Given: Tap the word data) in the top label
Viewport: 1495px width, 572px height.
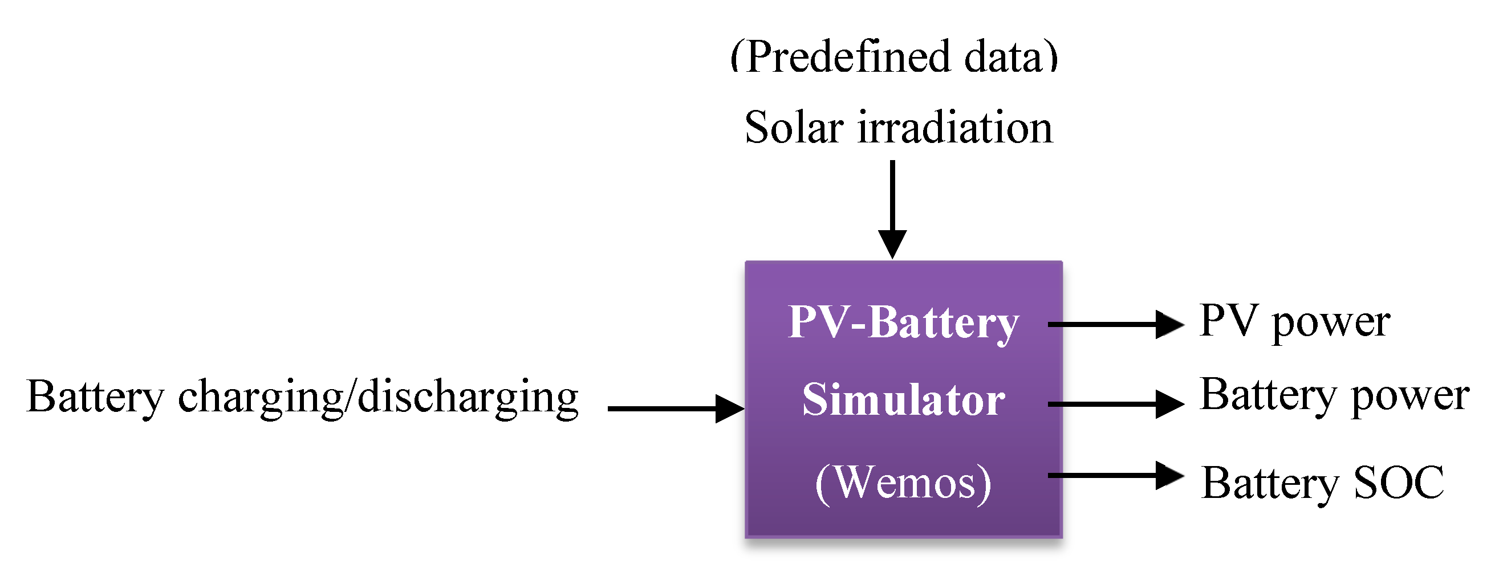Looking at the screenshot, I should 1011,58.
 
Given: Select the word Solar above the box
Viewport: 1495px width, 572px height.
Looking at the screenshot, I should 794,128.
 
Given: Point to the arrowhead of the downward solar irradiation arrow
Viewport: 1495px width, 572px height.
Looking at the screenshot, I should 892,244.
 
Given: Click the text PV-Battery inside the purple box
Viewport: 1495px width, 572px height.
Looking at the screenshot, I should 904,322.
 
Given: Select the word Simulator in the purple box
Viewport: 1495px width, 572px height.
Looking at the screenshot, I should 904,400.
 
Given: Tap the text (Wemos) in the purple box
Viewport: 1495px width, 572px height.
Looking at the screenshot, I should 904,483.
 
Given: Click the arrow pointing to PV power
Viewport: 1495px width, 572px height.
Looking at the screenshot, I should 1114,324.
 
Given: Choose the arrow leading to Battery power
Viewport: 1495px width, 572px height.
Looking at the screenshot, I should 1114,404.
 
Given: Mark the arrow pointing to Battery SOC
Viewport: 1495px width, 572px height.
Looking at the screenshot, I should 1114,476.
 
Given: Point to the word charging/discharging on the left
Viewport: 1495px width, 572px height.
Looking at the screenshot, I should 378,399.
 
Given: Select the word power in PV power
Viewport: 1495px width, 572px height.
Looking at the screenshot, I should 1331,324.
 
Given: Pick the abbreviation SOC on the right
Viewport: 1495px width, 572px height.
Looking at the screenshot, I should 1399,483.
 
